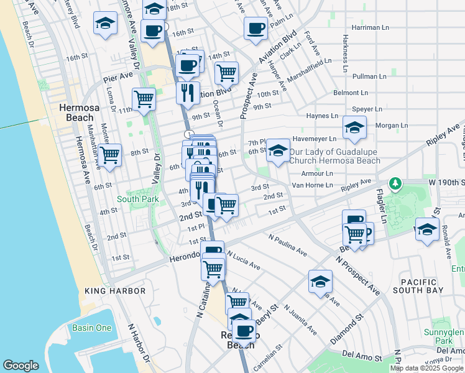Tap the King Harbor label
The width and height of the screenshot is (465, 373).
115,291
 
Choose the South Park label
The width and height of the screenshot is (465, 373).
136,200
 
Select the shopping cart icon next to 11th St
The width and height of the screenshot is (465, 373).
144,98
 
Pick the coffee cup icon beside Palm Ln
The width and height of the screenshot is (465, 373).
256,27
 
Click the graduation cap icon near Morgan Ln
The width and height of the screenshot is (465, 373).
355,128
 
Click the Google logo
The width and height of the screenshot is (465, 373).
21,366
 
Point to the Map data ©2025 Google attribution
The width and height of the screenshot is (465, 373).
426,368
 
